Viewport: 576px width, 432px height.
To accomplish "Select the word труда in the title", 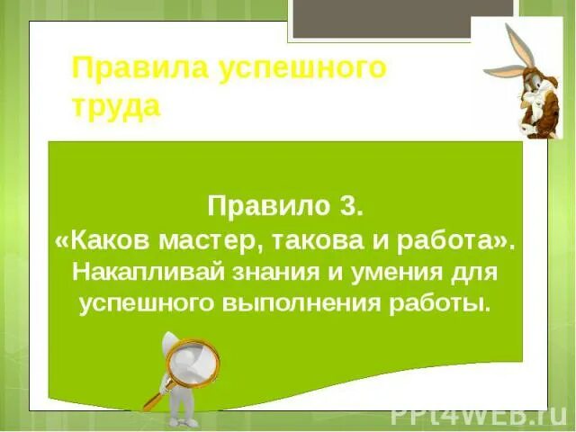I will pyautogui.click(x=116, y=106).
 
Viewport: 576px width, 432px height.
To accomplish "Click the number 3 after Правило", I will pyautogui.click(x=352, y=205).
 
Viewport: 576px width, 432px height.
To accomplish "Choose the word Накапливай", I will pyautogui.click(x=145, y=270).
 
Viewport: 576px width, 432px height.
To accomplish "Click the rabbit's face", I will pyautogui.click(x=522, y=90).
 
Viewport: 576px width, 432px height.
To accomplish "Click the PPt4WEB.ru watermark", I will pyautogui.click(x=477, y=414).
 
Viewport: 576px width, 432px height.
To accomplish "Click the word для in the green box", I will pyautogui.click(x=478, y=270).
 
